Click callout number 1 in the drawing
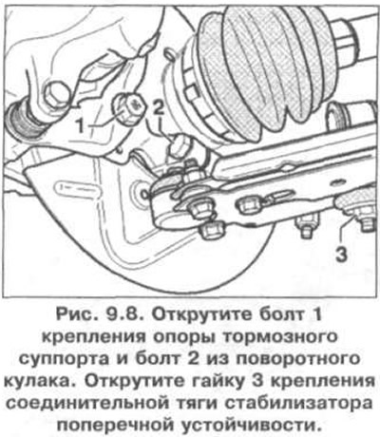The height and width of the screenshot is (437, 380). [82, 126]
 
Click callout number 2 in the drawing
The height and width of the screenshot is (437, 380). [158, 108]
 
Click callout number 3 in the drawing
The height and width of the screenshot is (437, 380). [342, 254]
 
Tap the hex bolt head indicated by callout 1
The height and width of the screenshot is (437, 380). [128, 109]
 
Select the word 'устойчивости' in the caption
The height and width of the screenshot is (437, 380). [249, 425]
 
